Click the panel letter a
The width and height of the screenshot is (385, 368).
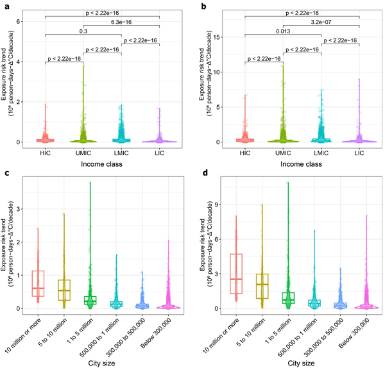coord(4,5)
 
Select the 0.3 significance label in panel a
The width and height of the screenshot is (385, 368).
coord(83,31)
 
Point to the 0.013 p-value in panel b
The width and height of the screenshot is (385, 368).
coord(283,31)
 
